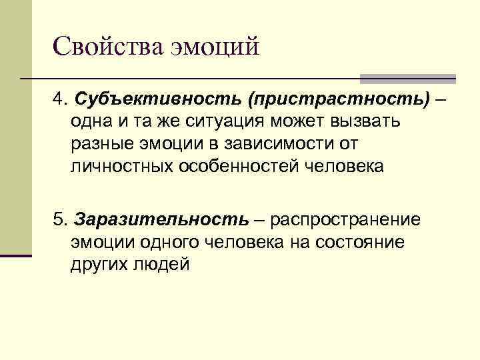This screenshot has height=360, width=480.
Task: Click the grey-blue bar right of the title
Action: [408, 79]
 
